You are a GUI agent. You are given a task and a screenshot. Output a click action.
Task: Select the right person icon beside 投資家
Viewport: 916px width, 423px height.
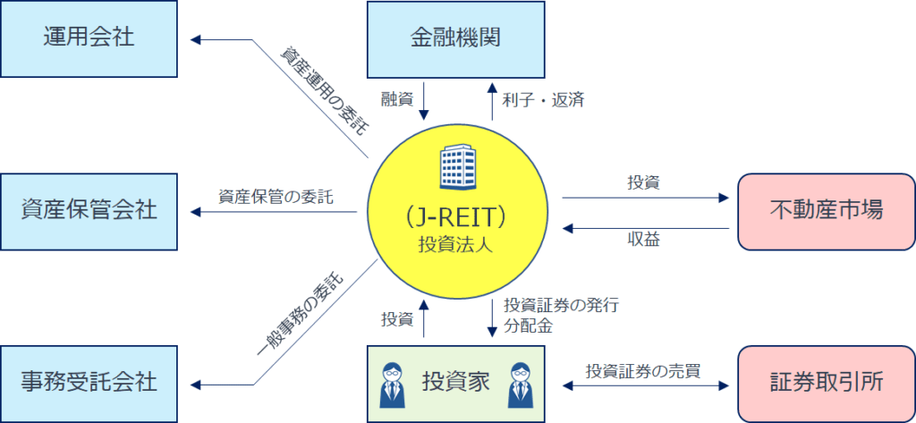(x=520, y=383)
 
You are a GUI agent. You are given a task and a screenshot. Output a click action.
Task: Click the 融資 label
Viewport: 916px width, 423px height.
(x=396, y=99)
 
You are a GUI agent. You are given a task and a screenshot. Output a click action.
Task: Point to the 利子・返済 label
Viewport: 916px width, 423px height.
(x=543, y=99)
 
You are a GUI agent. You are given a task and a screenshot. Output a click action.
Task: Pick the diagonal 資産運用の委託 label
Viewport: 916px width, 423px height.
(x=323, y=90)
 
